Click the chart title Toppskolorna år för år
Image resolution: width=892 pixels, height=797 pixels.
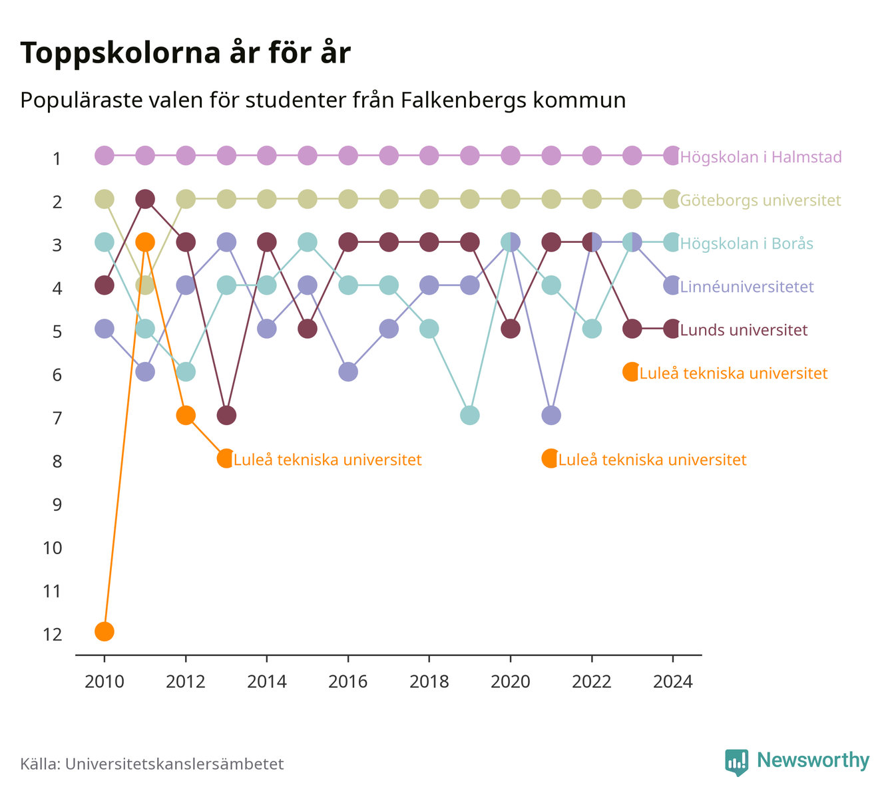[x=185, y=53]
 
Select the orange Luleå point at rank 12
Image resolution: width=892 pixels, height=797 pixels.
[x=105, y=631]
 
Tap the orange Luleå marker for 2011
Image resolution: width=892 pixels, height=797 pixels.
[x=145, y=242]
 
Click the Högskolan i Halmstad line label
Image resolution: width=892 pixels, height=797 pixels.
[x=760, y=156]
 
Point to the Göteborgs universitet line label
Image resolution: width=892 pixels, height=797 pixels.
[x=760, y=200]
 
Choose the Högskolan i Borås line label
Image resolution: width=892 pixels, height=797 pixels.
[x=746, y=243]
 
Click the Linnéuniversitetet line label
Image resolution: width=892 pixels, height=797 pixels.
[x=747, y=287]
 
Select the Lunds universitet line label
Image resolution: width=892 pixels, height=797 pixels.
[x=744, y=330]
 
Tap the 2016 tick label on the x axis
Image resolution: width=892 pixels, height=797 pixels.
[x=348, y=682]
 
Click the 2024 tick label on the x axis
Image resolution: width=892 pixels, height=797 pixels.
[x=673, y=682]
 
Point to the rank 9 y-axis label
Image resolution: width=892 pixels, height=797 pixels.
[x=57, y=504]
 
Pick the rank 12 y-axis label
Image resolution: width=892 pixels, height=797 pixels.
[x=53, y=635]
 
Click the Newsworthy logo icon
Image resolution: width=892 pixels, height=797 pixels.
[x=737, y=762]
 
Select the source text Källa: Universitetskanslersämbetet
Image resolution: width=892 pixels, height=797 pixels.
[x=152, y=764]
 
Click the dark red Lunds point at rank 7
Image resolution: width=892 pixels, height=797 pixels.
[x=226, y=415]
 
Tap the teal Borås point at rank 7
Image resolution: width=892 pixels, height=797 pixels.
[x=470, y=415]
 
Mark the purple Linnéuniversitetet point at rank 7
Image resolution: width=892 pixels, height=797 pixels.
[x=551, y=415]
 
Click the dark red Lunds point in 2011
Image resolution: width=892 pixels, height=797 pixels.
[x=145, y=199]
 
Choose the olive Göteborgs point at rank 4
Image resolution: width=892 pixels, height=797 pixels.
[x=145, y=285]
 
